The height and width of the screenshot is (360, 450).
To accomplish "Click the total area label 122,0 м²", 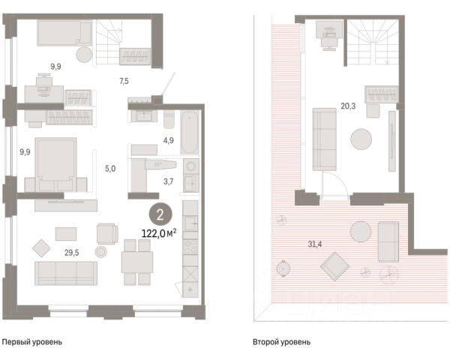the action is tap(159, 233).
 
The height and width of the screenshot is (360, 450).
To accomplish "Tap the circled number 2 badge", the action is tap(160, 214).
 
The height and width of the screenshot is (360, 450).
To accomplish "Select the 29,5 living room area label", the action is tap(71, 253).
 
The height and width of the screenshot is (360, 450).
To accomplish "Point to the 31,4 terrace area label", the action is tap(315, 244).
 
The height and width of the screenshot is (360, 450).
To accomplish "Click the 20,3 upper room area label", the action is tap(348, 106).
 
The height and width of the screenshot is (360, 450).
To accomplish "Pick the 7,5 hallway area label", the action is tap(124, 81).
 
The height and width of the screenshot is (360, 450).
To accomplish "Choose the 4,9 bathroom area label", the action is tap(169, 140).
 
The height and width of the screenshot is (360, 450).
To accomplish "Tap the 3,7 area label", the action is tap(169, 181).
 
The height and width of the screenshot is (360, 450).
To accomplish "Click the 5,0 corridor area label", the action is tap(110, 169).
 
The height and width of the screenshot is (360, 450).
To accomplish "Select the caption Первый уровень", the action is tap(31, 342).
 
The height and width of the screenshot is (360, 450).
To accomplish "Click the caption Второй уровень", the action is tap(281, 342).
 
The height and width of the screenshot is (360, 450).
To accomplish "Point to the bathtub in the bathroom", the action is tap(190, 132).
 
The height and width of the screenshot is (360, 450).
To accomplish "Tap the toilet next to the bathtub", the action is tap(169, 120).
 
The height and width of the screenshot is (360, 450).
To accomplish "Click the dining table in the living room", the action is tap(137, 262).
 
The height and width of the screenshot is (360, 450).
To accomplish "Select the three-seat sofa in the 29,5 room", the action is tap(66, 273).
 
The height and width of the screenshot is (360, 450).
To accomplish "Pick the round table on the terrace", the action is tap(361, 232).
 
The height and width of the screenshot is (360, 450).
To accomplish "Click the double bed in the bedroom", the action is tap(55, 164).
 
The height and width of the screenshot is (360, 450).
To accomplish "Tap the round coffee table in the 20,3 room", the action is tap(361, 139).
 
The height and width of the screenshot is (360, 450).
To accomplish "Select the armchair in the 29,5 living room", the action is tap(107, 234).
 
